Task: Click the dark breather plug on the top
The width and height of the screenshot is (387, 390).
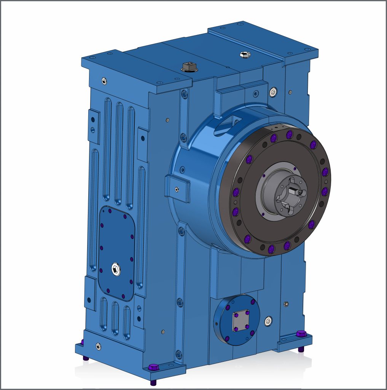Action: [188, 67]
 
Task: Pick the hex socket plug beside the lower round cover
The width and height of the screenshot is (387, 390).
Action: [269, 321]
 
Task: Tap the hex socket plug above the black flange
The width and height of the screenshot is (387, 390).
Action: [273, 92]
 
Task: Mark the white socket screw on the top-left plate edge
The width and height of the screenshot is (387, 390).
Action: [104, 80]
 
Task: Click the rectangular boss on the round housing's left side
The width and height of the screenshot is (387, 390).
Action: [177, 188]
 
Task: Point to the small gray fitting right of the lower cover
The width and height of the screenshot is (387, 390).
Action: [286, 304]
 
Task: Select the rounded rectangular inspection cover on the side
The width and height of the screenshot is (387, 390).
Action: [116, 253]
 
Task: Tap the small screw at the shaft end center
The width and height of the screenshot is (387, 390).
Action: [301, 193]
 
